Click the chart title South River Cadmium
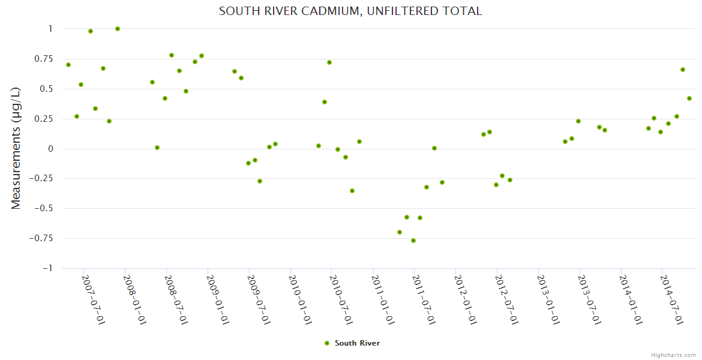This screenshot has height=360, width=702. click(350, 11)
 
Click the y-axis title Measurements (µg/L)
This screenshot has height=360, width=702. click(16, 148)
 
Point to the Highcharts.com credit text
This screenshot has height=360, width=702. click(673, 355)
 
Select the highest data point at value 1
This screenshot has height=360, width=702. click(118, 29)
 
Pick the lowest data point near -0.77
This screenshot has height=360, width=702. click(413, 241)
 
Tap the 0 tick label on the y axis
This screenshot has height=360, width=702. click(50, 149)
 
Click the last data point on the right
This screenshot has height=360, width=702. click(689, 98)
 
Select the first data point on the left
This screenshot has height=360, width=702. click(68, 65)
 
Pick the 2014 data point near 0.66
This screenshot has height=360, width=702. click(683, 70)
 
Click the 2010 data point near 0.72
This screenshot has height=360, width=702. click(329, 62)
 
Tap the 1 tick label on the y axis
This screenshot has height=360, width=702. click(50, 29)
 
